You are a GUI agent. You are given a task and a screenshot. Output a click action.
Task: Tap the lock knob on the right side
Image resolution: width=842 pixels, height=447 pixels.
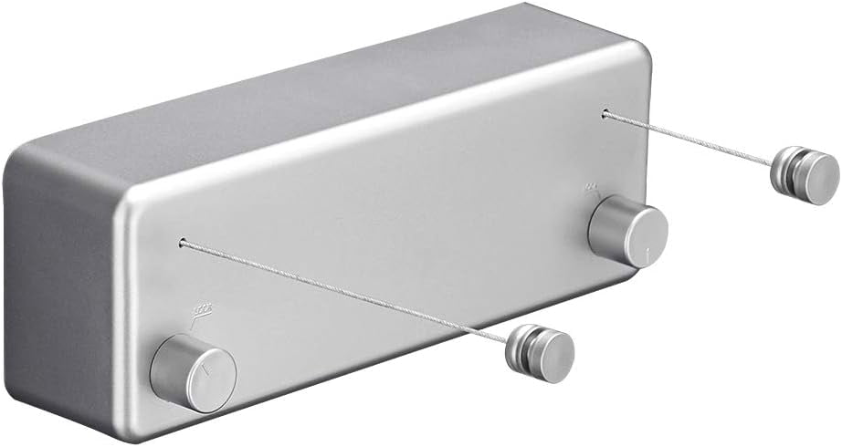[x=628, y=234]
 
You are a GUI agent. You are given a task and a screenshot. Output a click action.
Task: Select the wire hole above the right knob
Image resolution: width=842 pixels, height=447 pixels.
[x=605, y=114]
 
